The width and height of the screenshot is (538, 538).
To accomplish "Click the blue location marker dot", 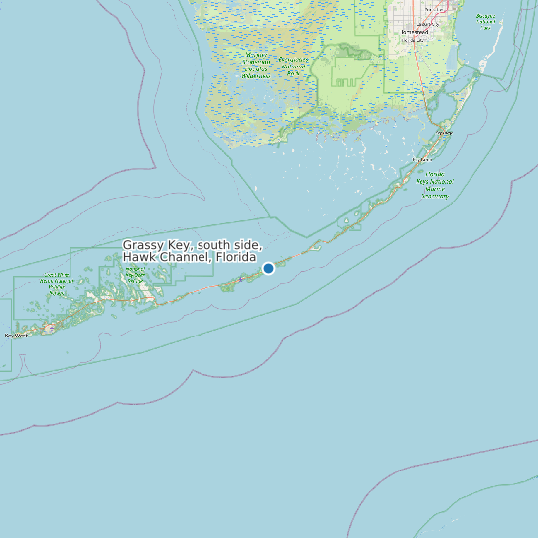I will [268, 268].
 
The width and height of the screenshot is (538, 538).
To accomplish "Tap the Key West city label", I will [17, 336].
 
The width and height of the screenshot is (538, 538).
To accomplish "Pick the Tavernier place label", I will [422, 158].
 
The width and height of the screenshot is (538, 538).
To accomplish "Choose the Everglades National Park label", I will [294, 67].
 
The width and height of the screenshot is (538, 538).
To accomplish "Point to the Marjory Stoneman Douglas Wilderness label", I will [255, 66].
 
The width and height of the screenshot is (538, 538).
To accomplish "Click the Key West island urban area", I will [48, 328].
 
